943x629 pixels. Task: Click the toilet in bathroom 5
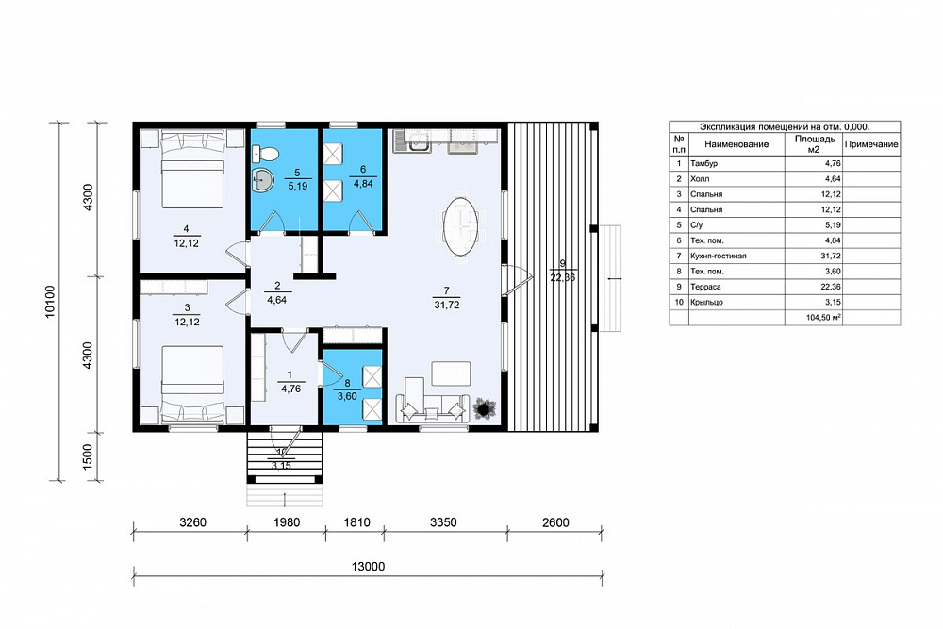(265, 154)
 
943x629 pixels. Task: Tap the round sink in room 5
(262, 178)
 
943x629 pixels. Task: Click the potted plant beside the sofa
(482, 409)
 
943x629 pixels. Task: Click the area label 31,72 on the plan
(447, 305)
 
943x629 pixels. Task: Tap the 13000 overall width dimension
(368, 567)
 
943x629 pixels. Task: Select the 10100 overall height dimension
(50, 301)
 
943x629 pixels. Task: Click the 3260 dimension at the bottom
(192, 521)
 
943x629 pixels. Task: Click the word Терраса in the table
(705, 287)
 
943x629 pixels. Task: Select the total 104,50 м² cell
(823, 318)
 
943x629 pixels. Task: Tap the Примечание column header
(871, 144)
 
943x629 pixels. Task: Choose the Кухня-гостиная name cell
(718, 257)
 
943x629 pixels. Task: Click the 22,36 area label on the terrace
(562, 277)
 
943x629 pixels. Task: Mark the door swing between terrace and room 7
(517, 280)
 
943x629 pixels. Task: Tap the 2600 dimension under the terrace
(555, 521)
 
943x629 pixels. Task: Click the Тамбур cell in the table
(703, 163)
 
